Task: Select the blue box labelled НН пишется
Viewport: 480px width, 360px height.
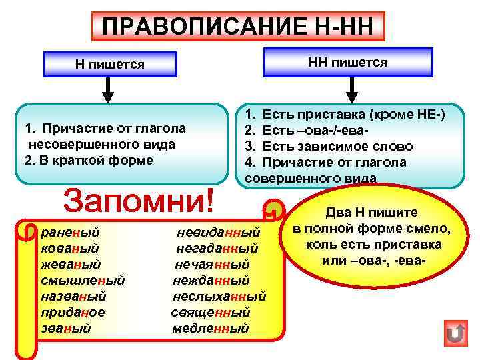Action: tap(347, 62)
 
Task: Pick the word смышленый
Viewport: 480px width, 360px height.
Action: tap(83, 281)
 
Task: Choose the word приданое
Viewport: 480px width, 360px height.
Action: tap(73, 312)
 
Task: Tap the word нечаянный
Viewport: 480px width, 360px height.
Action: tap(211, 265)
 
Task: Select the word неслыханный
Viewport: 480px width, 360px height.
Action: tap(219, 296)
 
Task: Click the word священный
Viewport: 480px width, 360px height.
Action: tap(210, 312)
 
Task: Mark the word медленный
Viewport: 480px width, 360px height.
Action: tap(210, 328)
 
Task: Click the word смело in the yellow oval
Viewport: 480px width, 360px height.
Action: tap(430, 229)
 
